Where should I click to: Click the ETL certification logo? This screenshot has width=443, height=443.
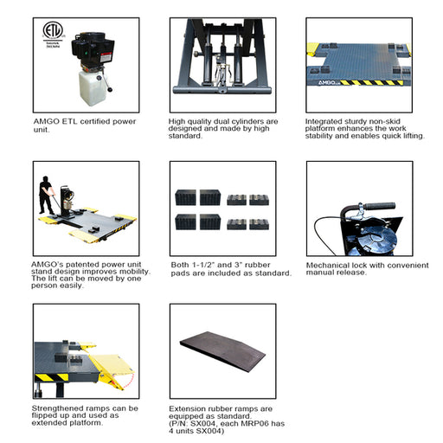pyautogui.click(x=55, y=32)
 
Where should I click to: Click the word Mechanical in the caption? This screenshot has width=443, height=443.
pyautogui.click(x=331, y=264)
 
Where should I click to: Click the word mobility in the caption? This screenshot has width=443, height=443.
pyautogui.click(x=117, y=270)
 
